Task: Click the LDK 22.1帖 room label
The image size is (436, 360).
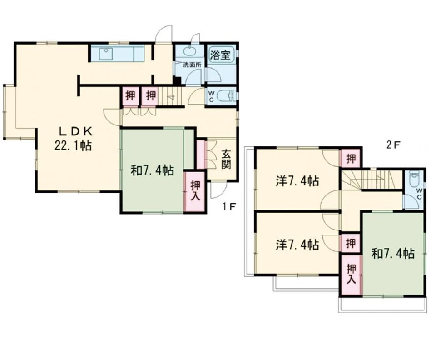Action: pos(73,138)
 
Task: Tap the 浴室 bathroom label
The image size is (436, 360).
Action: pos(220,55)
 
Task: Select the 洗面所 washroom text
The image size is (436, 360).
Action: pos(192,65)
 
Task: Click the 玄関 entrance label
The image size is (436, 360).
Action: pos(226,159)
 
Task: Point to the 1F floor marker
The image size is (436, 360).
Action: pos(229,206)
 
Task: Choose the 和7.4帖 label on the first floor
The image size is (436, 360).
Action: pos(153,170)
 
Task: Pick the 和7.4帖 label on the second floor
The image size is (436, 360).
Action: pos(393,254)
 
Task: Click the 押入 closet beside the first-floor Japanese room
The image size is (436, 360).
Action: pos(195,191)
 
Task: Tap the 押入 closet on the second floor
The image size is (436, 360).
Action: pos(351,275)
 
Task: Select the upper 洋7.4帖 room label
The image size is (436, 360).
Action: pos(297,181)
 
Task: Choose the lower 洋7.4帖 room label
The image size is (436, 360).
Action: pos(297,245)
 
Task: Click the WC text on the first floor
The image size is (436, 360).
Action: pos(211,96)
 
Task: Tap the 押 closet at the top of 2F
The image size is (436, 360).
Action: pos(351,158)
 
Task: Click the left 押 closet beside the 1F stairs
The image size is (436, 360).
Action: pos(130,96)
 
